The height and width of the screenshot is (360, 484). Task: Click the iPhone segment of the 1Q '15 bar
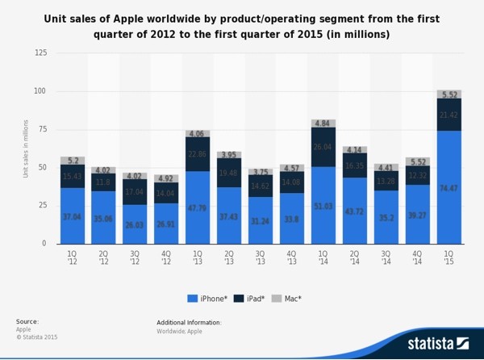(x=449, y=187)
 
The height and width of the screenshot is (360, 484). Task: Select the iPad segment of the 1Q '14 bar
(x=323, y=147)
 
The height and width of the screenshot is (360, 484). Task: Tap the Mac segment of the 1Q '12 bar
(x=73, y=161)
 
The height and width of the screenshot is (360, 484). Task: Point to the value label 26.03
(x=135, y=225)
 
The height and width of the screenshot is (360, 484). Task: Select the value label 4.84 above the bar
(x=323, y=123)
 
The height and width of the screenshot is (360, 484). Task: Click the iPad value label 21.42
(x=449, y=115)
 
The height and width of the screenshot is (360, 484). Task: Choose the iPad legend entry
(x=255, y=298)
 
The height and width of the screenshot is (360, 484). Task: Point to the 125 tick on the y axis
(x=40, y=53)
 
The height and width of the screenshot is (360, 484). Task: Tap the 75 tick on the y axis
(x=42, y=129)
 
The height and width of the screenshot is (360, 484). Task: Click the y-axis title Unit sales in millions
(x=26, y=149)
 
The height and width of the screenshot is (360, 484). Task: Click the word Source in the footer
(x=27, y=322)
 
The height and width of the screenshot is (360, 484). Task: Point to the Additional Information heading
(x=189, y=322)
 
